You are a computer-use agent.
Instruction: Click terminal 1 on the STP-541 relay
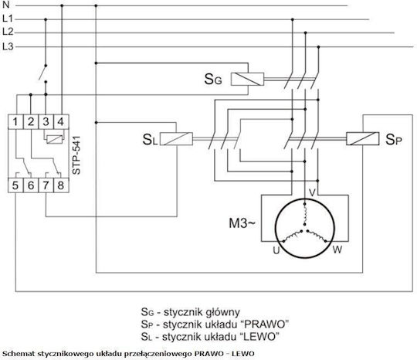click(x=15, y=122)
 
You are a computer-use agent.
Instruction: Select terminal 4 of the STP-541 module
click(x=61, y=122)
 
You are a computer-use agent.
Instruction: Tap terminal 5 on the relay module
click(x=15, y=185)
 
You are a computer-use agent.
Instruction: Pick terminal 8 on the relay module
click(x=61, y=185)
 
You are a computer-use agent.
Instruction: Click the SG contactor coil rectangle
click(x=247, y=79)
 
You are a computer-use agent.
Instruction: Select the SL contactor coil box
click(x=176, y=138)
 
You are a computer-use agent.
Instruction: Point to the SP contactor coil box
click(x=363, y=138)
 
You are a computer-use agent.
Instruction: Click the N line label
click(x=5, y=5)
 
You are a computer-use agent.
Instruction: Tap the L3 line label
click(x=8, y=46)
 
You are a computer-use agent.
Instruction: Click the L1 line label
click(x=8, y=19)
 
